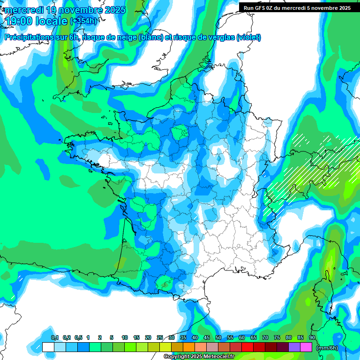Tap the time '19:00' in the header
[20, 21]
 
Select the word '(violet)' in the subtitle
[249, 37]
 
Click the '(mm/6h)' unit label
[327, 348]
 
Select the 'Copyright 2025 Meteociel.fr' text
[199, 357]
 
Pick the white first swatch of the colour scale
[48, 347]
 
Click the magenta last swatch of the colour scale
[306, 347]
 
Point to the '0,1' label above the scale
[55, 337]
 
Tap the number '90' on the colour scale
[312, 337]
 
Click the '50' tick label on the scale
[218, 337]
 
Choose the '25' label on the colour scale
[160, 337]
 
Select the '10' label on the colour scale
[125, 337]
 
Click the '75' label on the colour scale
[277, 337]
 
